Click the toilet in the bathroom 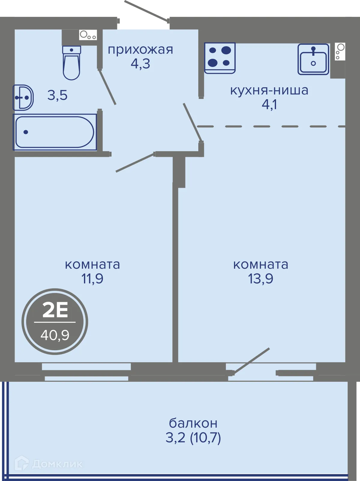tap(71, 63)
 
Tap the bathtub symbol tap(55, 132)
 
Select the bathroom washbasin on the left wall tap(23, 97)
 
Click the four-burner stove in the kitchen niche tap(220, 58)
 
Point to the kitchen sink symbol tap(313, 59)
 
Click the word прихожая tap(140, 50)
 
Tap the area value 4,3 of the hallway tap(140, 64)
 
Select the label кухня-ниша tap(269, 90)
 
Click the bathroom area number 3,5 tap(57, 96)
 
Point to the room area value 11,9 tap(92, 279)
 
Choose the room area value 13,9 tap(260, 279)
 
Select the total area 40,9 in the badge tap(55, 335)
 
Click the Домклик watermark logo tap(49, 464)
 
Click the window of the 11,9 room tap(86, 372)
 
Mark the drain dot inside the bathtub tap(26, 132)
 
